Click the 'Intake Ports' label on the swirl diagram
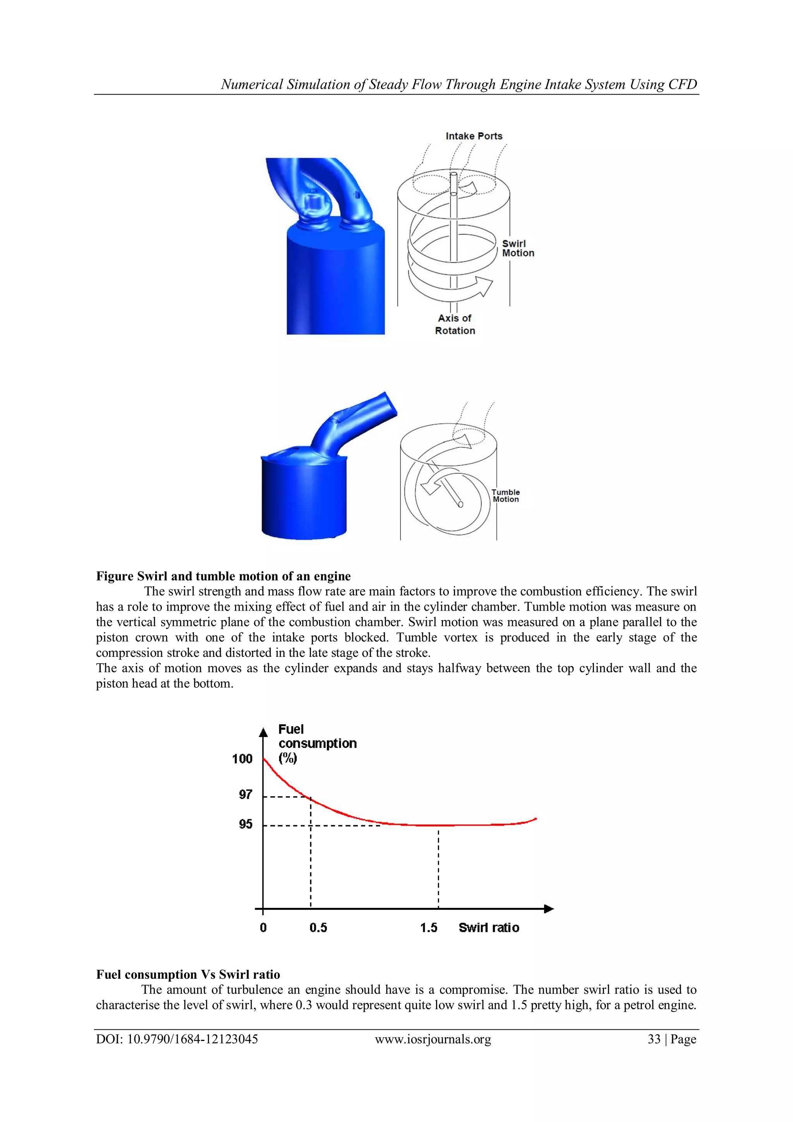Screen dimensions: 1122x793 (474, 136)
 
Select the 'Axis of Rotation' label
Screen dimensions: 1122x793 (455, 324)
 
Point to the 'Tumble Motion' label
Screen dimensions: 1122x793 (505, 495)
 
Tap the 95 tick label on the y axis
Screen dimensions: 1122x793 (245, 825)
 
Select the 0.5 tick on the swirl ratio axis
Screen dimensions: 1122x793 (318, 928)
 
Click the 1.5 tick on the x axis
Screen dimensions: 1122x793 (429, 928)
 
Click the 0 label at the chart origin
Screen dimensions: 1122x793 (263, 928)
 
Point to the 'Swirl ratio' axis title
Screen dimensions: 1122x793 (489, 928)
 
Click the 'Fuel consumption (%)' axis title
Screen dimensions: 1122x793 (317, 743)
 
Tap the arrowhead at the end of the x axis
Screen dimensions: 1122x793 (549, 909)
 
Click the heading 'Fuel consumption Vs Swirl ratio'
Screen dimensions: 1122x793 (188, 974)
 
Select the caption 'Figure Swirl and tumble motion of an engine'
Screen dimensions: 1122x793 (223, 576)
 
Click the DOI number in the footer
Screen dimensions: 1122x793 (177, 1039)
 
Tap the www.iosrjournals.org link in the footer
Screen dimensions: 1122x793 (433, 1039)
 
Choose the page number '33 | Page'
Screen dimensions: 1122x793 (672, 1039)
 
